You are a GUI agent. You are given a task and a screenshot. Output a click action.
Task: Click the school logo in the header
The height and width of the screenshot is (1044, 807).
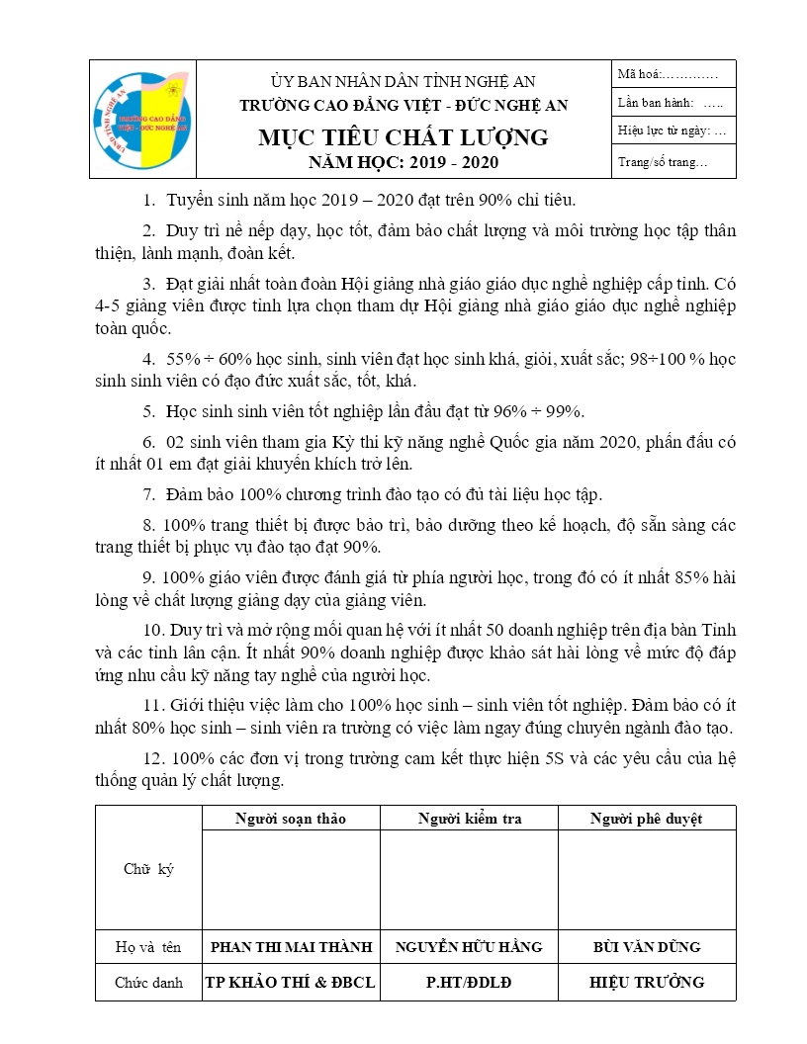click(x=143, y=120)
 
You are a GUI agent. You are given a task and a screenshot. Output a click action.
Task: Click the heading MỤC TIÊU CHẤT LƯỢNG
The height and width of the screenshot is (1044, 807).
click(x=403, y=137)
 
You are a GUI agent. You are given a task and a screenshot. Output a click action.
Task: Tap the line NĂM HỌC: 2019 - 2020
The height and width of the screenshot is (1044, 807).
click(x=403, y=162)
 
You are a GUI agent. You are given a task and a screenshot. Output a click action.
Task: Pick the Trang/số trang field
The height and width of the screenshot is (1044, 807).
click(x=662, y=162)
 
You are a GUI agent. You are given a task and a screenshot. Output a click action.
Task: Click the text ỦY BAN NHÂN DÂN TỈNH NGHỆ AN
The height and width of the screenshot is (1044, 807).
click(x=403, y=81)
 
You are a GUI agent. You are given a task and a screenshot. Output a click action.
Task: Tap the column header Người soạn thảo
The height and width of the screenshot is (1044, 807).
click(x=291, y=819)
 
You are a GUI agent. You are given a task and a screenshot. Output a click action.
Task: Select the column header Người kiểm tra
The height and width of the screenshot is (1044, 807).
click(x=470, y=819)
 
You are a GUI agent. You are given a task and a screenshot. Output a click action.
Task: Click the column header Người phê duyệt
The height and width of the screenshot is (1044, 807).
click(x=646, y=819)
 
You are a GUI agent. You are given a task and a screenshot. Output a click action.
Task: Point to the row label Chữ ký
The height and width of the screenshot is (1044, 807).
click(x=148, y=869)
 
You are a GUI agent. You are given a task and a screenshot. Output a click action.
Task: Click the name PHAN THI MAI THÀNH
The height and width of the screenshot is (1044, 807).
click(x=291, y=947)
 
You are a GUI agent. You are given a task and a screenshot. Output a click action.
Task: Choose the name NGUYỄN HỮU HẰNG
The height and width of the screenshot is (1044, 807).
click(x=470, y=947)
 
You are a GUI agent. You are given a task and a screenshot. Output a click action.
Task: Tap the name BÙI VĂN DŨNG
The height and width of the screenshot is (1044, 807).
click(x=646, y=947)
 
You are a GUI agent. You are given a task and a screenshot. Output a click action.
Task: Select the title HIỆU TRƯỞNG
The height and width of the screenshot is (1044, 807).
click(x=646, y=983)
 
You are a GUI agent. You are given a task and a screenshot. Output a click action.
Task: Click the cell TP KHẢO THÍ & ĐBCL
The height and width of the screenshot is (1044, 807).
click(x=291, y=983)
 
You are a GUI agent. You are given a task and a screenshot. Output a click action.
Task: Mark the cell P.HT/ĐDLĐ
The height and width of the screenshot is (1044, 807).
click(x=470, y=983)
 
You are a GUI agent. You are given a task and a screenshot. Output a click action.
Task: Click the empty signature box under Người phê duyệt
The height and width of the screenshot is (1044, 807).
click(x=646, y=879)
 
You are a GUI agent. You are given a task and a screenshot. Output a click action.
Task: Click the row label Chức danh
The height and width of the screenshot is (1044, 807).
click(x=148, y=983)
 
